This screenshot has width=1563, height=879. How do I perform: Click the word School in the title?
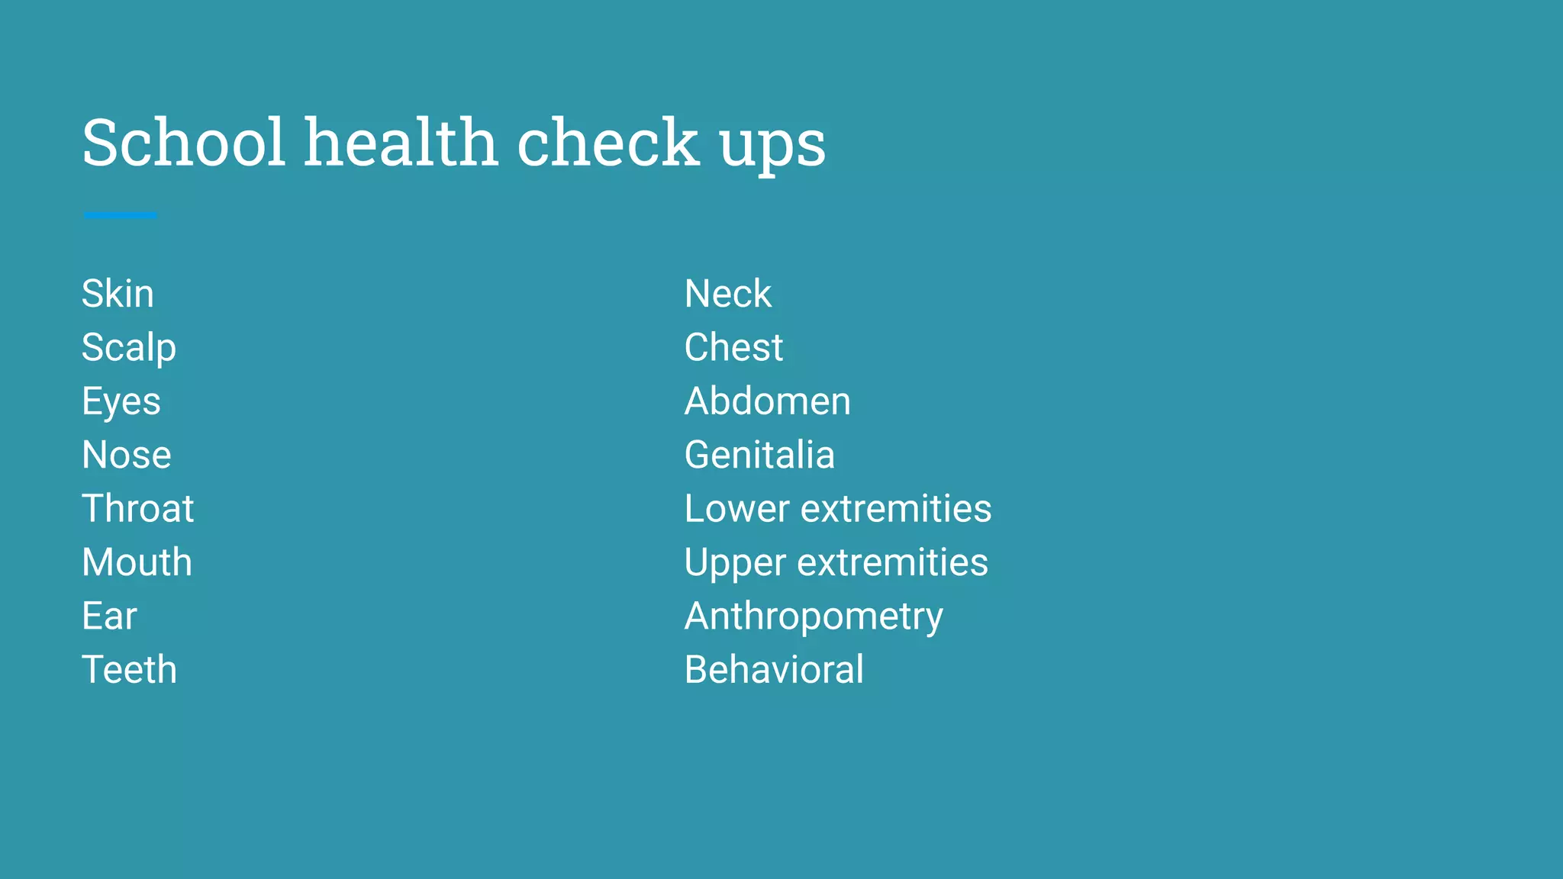(183, 143)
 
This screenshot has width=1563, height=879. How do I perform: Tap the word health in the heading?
(401, 143)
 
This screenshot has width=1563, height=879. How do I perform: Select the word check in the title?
(608, 143)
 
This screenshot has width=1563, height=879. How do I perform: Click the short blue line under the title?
(121, 216)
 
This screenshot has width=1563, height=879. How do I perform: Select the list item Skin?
(118, 294)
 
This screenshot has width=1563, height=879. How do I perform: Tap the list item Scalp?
(129, 349)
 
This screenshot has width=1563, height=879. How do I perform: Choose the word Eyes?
(121, 402)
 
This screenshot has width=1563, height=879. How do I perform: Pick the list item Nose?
(127, 455)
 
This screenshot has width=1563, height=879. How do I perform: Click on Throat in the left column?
(138, 508)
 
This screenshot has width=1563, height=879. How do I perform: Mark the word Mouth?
(137, 562)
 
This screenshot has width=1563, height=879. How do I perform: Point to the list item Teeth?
(129, 670)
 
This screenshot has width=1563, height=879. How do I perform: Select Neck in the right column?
(728, 294)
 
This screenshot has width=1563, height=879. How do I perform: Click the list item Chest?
(733, 347)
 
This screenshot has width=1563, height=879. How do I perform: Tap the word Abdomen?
(767, 401)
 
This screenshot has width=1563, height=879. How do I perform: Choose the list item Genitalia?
(759, 455)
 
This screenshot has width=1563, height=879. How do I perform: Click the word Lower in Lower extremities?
(736, 509)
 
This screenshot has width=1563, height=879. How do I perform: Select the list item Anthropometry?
(814, 617)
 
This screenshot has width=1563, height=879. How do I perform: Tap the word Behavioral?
(774, 670)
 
